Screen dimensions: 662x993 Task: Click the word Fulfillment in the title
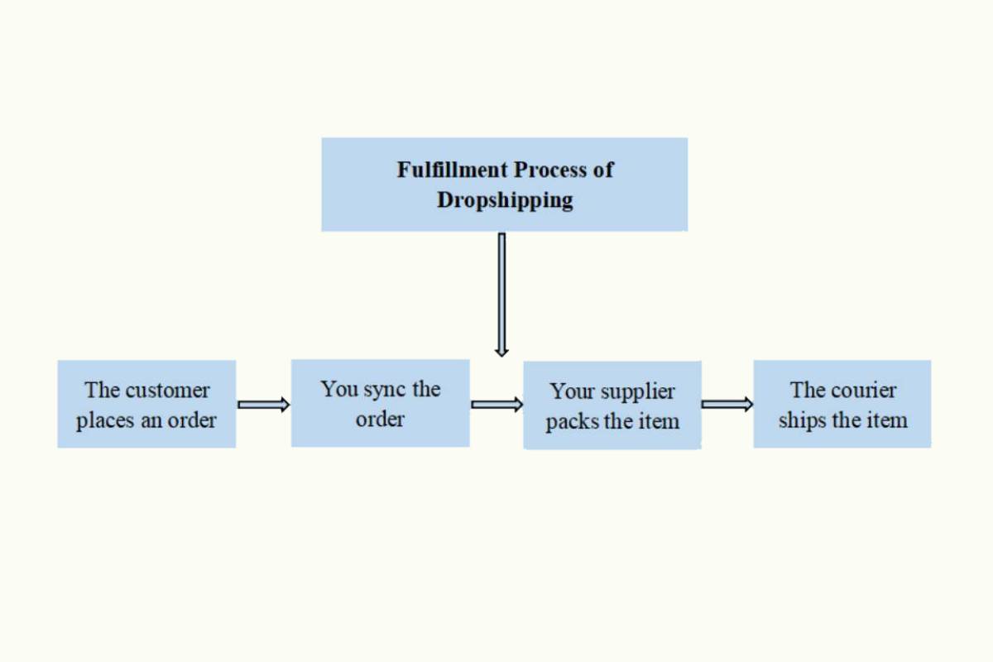(x=452, y=170)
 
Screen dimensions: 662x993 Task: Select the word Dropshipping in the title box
(x=505, y=200)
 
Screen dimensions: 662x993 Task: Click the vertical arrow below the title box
(x=501, y=294)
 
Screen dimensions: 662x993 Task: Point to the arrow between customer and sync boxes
(x=263, y=405)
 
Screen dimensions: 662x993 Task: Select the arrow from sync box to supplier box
(x=496, y=405)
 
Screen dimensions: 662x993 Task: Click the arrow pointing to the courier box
(x=727, y=405)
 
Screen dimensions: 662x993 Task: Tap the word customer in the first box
(x=167, y=390)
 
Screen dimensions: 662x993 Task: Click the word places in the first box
(x=104, y=420)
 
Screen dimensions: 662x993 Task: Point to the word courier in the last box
(x=865, y=390)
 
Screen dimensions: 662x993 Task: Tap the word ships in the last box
(x=803, y=420)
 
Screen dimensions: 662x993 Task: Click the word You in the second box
(x=339, y=389)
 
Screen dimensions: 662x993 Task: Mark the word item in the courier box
(x=887, y=420)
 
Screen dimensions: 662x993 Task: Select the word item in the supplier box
(x=659, y=421)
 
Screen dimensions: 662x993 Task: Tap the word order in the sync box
(x=380, y=419)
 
